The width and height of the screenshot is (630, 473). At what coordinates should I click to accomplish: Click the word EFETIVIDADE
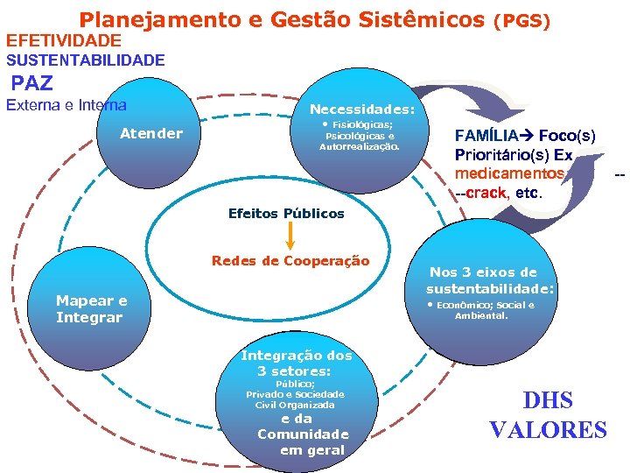pyautogui.click(x=64, y=40)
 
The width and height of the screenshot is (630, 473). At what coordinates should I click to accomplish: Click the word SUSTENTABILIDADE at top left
pyautogui.click(x=85, y=60)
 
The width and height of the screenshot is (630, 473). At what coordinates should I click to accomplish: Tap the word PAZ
pyautogui.click(x=32, y=83)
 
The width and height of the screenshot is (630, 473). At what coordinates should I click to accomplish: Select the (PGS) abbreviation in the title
pyautogui.click(x=522, y=19)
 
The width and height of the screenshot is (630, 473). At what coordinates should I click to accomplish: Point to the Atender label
pyautogui.click(x=151, y=133)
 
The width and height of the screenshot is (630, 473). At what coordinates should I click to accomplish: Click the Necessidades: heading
pyautogui.click(x=362, y=110)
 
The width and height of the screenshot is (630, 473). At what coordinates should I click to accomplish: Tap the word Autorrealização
pyautogui.click(x=360, y=147)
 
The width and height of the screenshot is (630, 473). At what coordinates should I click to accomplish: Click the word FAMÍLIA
pyautogui.click(x=484, y=136)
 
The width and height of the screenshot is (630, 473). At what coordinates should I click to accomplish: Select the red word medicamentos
pyautogui.click(x=503, y=173)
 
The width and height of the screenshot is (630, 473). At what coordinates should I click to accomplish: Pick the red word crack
pyautogui.click(x=485, y=193)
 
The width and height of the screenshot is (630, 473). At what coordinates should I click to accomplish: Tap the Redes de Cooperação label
pyautogui.click(x=290, y=261)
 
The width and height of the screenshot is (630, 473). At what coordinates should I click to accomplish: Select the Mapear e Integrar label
pyautogui.click(x=91, y=308)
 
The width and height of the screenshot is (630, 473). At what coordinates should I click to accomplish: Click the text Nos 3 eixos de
pyautogui.click(x=483, y=272)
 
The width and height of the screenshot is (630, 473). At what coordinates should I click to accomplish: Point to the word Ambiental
pyautogui.click(x=481, y=315)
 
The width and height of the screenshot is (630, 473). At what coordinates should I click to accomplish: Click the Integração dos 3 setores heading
pyautogui.click(x=296, y=364)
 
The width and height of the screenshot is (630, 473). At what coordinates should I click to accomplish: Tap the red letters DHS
pyautogui.click(x=548, y=401)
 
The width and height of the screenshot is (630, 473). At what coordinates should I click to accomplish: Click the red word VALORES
pyautogui.click(x=548, y=430)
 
